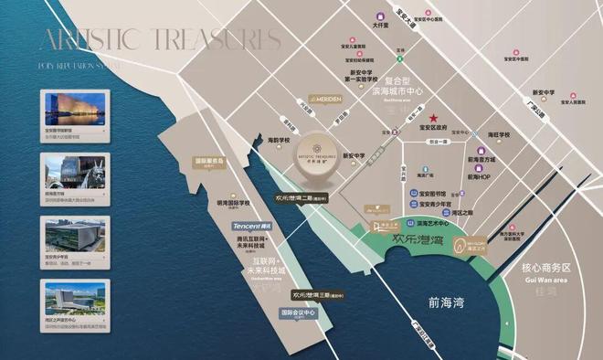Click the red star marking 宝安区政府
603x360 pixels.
coord(435,118)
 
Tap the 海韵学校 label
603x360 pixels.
coord(279,140)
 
